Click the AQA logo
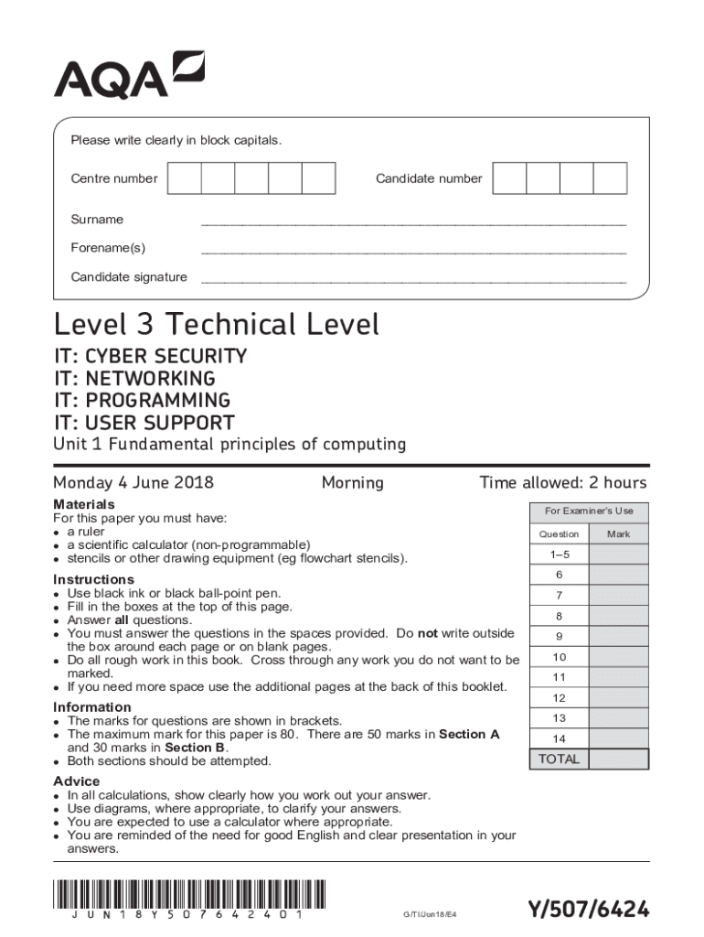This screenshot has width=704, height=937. tap(129, 75)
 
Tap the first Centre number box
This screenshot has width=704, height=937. tap(185, 178)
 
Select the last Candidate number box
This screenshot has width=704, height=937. tap(609, 178)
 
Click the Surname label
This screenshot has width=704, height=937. tap(97, 220)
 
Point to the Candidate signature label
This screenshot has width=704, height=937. tap(129, 277)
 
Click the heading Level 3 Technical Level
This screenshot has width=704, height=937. tap(216, 325)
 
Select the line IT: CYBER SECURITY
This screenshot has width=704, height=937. tap(150, 356)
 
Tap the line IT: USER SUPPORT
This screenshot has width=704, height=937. tap(144, 423)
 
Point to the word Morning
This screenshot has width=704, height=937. tap(352, 483)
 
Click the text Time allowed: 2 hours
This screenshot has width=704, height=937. tap(562, 483)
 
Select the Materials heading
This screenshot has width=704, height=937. tap(84, 504)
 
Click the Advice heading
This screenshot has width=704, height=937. tap(77, 781)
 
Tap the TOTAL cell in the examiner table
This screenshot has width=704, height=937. tap(559, 759)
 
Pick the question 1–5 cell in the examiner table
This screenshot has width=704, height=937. tap(559, 555)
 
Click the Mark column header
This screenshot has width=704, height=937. tap(618, 533)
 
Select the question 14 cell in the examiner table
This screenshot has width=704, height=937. tap(559, 738)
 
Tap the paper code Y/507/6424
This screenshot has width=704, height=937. tap(589, 909)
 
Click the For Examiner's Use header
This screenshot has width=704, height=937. tap(589, 511)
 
